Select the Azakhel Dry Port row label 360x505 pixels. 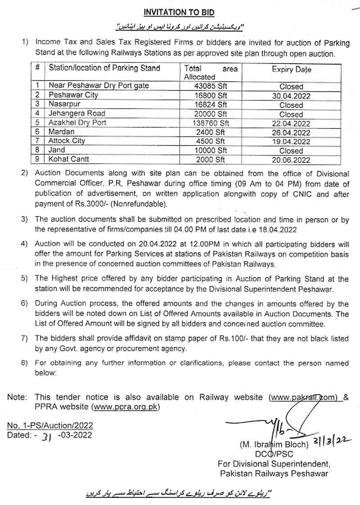[77, 123]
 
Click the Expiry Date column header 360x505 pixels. [291, 70]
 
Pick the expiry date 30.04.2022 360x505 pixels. [291, 95]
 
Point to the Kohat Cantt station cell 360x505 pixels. [69, 159]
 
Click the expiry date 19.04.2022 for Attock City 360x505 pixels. [291, 141]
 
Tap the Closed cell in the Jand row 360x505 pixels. [291, 151]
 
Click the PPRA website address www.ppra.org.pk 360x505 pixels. [126, 407]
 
